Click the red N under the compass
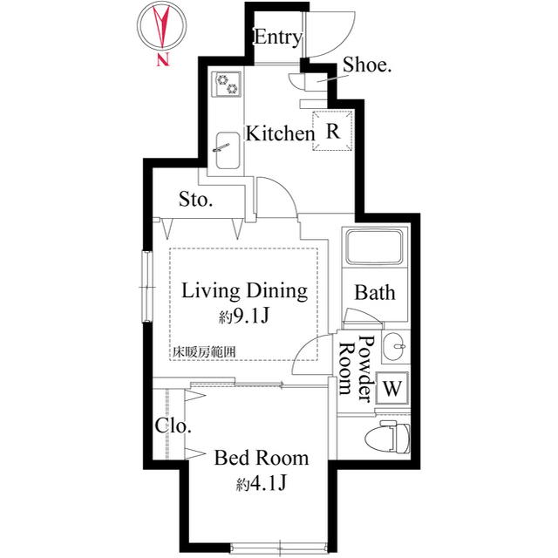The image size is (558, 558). pos(163,60)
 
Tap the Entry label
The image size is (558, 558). pos(278,37)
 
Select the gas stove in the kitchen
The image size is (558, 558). pos(227,84)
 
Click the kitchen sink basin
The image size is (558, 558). pos(228,151)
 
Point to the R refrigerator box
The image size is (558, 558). pos(333,131)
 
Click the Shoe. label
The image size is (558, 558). pos(367,65)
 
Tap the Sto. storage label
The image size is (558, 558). pos(195,200)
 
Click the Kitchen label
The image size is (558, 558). pos(281,133)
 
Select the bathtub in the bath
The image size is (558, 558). pos(374,247)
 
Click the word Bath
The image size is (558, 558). pos(375,293)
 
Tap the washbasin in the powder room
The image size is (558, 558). pos(393,346)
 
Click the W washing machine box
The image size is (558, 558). pos(392,388)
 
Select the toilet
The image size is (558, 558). pos(387,437)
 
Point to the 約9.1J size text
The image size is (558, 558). pos(243,316)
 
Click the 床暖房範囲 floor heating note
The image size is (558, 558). pos(204,352)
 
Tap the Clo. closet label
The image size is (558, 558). pos(173,425)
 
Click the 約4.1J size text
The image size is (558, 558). pos(262,484)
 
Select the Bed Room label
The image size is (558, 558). pos(262,458)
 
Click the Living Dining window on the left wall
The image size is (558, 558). pos(147,287)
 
